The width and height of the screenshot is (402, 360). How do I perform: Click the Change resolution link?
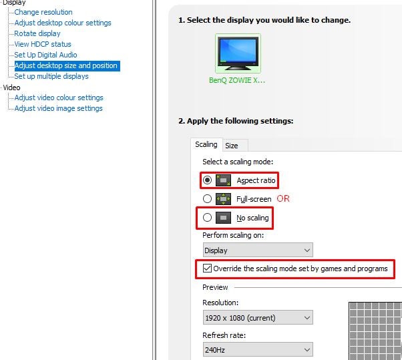coord(43,12)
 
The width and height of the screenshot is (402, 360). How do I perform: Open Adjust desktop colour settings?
coord(63,23)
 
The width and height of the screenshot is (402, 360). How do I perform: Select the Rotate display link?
coord(37,33)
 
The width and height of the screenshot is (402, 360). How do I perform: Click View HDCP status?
coord(43,44)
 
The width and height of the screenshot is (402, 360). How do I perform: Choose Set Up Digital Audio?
coord(45,55)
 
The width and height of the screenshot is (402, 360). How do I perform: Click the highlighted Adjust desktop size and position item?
coord(66,65)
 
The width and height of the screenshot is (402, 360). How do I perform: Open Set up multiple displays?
coord(51,76)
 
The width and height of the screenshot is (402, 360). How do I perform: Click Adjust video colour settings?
coord(59,98)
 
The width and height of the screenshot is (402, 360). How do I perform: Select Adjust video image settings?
coord(59,108)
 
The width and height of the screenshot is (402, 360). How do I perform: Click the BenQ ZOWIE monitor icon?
coord(238,53)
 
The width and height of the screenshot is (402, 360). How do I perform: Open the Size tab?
coord(232,146)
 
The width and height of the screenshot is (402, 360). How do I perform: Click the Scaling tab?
coord(206,145)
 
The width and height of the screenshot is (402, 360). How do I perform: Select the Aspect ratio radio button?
coord(207,180)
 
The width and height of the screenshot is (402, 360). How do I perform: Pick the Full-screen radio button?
coord(207,199)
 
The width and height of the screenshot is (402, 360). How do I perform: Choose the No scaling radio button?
coord(207,218)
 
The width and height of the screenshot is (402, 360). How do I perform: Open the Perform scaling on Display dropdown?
coord(258,250)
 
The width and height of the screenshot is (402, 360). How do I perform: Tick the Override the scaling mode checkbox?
coord(207,268)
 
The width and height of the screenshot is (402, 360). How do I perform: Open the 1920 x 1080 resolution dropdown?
coord(258,318)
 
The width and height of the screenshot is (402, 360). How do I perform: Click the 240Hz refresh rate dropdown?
coord(258,349)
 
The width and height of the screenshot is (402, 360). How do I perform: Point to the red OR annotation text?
coord(283,199)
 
